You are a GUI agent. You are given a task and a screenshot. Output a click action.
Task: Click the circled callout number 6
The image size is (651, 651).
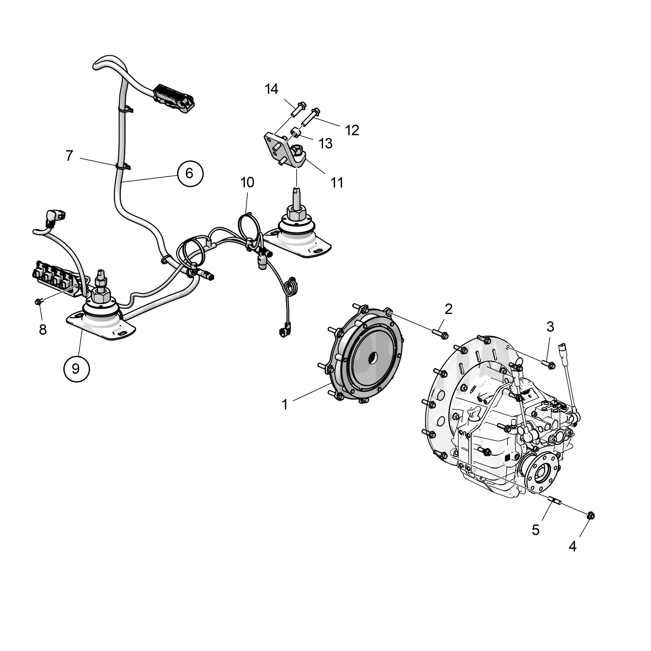coord(190,174)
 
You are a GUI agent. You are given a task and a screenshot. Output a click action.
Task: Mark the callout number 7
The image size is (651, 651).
coord(69,156)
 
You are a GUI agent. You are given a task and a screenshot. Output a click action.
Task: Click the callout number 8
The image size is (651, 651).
coord(43,330)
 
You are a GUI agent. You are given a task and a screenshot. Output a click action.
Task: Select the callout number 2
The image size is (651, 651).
coord(448,309)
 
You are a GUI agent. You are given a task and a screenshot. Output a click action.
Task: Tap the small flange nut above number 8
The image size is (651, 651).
coord(38,301)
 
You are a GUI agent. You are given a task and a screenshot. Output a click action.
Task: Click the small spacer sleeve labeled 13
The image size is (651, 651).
coord(295,131)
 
